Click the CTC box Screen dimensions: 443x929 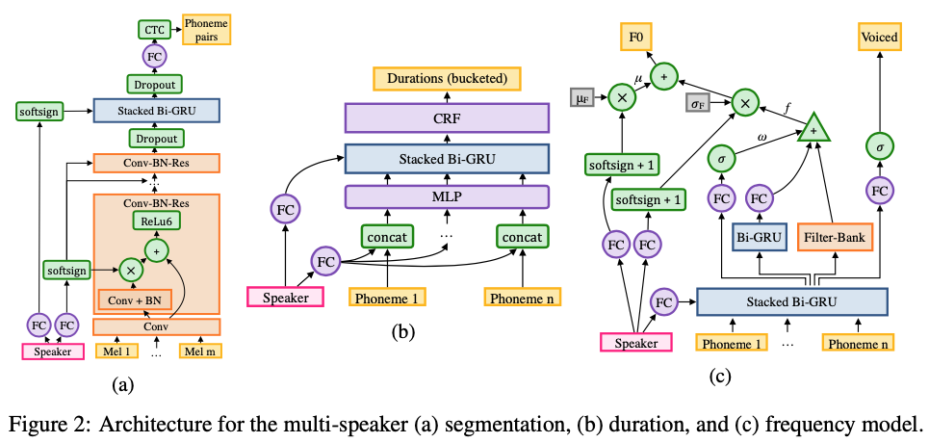tap(154, 30)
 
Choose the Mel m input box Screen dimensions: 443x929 tap(200, 352)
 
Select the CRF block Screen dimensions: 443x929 tap(446, 118)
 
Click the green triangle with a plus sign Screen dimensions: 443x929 tap(815, 128)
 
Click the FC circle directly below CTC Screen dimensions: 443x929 tap(154, 57)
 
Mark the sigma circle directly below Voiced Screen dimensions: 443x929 tap(878, 144)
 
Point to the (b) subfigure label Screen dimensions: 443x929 tap(403, 334)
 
